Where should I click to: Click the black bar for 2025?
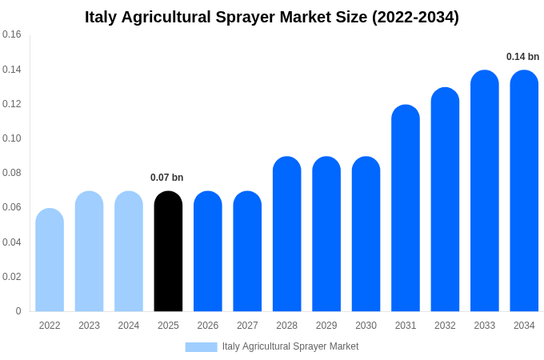coord(168,252)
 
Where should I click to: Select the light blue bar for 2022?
coord(50,260)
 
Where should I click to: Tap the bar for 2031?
coord(406,208)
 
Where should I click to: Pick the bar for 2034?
coord(524,191)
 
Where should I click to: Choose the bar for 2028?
coord(286,234)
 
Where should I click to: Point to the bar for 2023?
coord(89,252)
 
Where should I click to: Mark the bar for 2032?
coord(445,200)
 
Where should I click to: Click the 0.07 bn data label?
coord(167,178)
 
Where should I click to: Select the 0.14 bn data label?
coord(522,57)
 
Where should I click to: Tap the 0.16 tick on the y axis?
coord(12,35)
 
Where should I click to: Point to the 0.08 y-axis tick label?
coord(12,173)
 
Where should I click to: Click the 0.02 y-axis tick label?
coord(12,277)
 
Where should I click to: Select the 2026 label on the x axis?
coord(208,326)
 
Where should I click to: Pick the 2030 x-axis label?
coord(366,326)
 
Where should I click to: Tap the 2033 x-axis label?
coord(484,326)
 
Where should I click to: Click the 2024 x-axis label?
coord(129,326)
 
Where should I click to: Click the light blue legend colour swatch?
coord(201,347)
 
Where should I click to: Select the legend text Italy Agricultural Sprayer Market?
coord(290,346)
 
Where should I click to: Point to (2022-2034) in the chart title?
coord(415,18)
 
